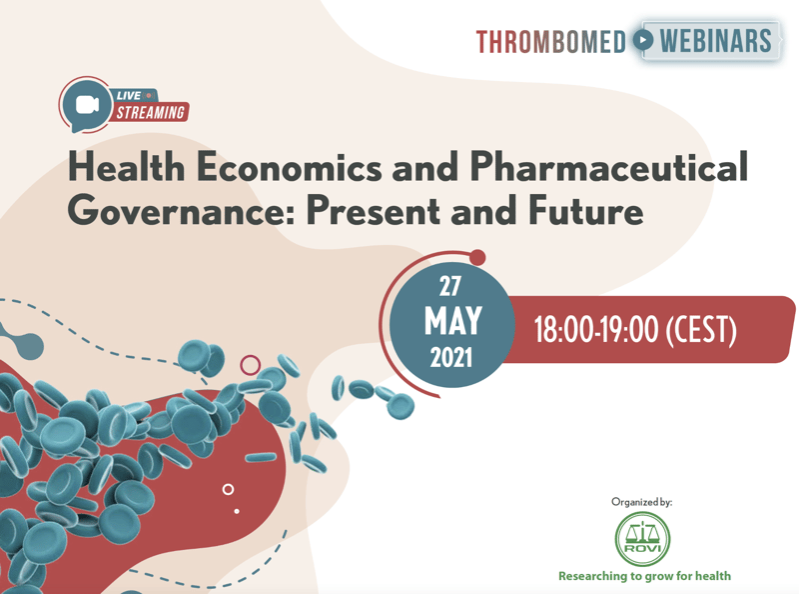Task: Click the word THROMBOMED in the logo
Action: pos(551,41)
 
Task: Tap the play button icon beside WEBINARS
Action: pos(643,40)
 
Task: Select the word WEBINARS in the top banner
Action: pos(715,40)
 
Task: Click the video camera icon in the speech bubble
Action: pos(87,105)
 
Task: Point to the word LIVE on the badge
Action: pos(129,95)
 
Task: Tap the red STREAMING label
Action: pos(151,112)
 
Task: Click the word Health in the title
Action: pos(127,166)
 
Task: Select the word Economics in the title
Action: pos(289,166)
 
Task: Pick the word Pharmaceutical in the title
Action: pos(608,166)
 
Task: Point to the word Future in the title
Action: pos(586,210)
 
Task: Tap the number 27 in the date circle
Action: pos(450,286)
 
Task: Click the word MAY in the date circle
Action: pos(453,321)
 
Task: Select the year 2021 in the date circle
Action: pos(451,358)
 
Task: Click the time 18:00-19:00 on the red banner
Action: pos(595,330)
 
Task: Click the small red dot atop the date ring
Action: pos(477,257)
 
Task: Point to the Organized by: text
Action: pos(641,502)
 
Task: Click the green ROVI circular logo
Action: pos(642,539)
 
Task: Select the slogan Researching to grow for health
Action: pos(644,576)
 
